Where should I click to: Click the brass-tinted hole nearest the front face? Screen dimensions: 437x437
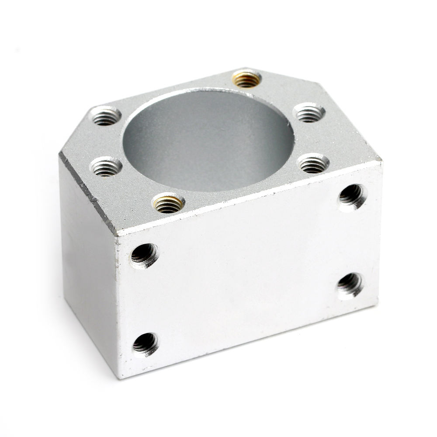pos(169,203)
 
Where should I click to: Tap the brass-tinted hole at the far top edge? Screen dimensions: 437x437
pos(246,79)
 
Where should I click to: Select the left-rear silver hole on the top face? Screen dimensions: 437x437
pos(105,116)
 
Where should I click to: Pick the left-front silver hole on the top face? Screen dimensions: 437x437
pos(106,166)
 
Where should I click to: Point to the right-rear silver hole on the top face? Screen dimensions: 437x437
pos(309,113)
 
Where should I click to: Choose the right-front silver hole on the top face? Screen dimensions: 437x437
pos(313,163)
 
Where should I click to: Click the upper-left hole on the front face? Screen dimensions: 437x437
pos(144,255)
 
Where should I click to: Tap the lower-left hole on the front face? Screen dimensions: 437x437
pos(145,343)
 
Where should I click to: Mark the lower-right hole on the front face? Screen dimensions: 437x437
pos(350,285)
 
